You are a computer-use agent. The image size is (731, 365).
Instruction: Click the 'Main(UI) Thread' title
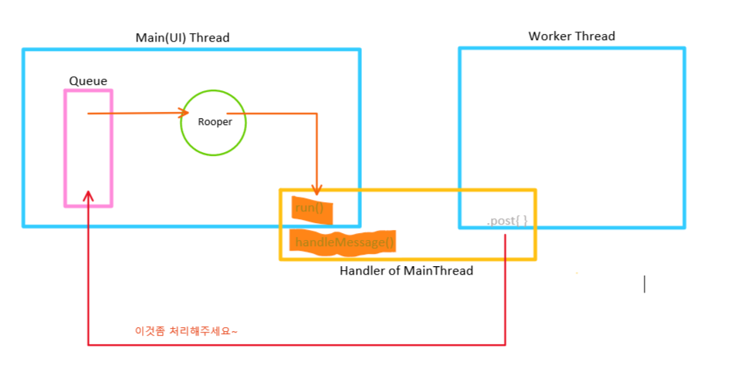coord(182,38)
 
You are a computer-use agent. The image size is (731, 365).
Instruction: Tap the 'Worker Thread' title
coord(571,36)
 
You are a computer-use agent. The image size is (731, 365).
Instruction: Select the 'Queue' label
coord(88,81)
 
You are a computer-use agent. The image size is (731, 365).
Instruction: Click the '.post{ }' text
coord(506,221)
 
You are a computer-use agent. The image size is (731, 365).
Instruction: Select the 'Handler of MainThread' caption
coord(406,271)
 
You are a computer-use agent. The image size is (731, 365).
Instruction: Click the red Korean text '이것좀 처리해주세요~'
coord(186,330)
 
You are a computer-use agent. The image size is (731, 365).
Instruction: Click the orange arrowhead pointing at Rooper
coord(186,113)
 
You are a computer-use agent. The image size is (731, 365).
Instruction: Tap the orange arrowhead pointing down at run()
coord(316,189)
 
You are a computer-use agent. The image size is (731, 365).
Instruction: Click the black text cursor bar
coord(645,284)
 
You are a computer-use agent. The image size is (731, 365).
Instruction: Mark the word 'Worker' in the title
coord(548,36)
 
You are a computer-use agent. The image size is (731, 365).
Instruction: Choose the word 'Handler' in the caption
coord(360,271)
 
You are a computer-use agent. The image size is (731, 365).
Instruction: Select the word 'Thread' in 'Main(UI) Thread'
coord(211,38)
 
